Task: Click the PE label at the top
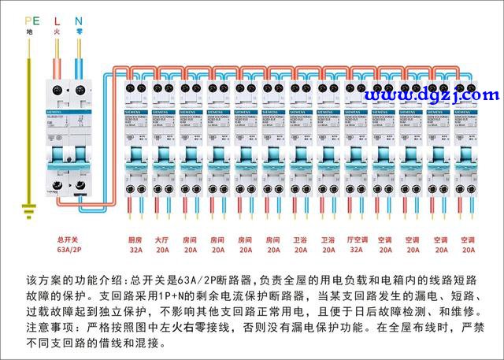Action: [x=31, y=20]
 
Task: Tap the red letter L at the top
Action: [x=57, y=20]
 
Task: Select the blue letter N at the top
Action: [x=78, y=20]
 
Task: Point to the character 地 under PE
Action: [x=30, y=32]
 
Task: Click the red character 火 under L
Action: [x=57, y=32]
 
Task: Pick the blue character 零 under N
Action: [x=79, y=32]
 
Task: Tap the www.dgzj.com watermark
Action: [x=432, y=95]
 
